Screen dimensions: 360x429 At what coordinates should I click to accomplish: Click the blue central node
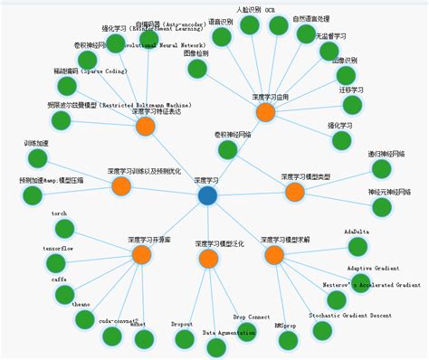(207, 194)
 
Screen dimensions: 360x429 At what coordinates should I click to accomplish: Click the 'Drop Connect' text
(252, 317)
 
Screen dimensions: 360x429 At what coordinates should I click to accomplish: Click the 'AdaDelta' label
(357, 232)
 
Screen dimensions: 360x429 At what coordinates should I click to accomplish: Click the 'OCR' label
(270, 8)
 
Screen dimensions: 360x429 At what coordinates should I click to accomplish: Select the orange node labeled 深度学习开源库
(140, 255)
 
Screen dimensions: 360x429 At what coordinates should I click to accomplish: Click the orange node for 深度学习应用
(264, 112)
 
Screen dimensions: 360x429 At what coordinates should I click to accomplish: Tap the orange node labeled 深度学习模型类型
(295, 192)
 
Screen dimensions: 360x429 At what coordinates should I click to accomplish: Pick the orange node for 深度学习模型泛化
(208, 260)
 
